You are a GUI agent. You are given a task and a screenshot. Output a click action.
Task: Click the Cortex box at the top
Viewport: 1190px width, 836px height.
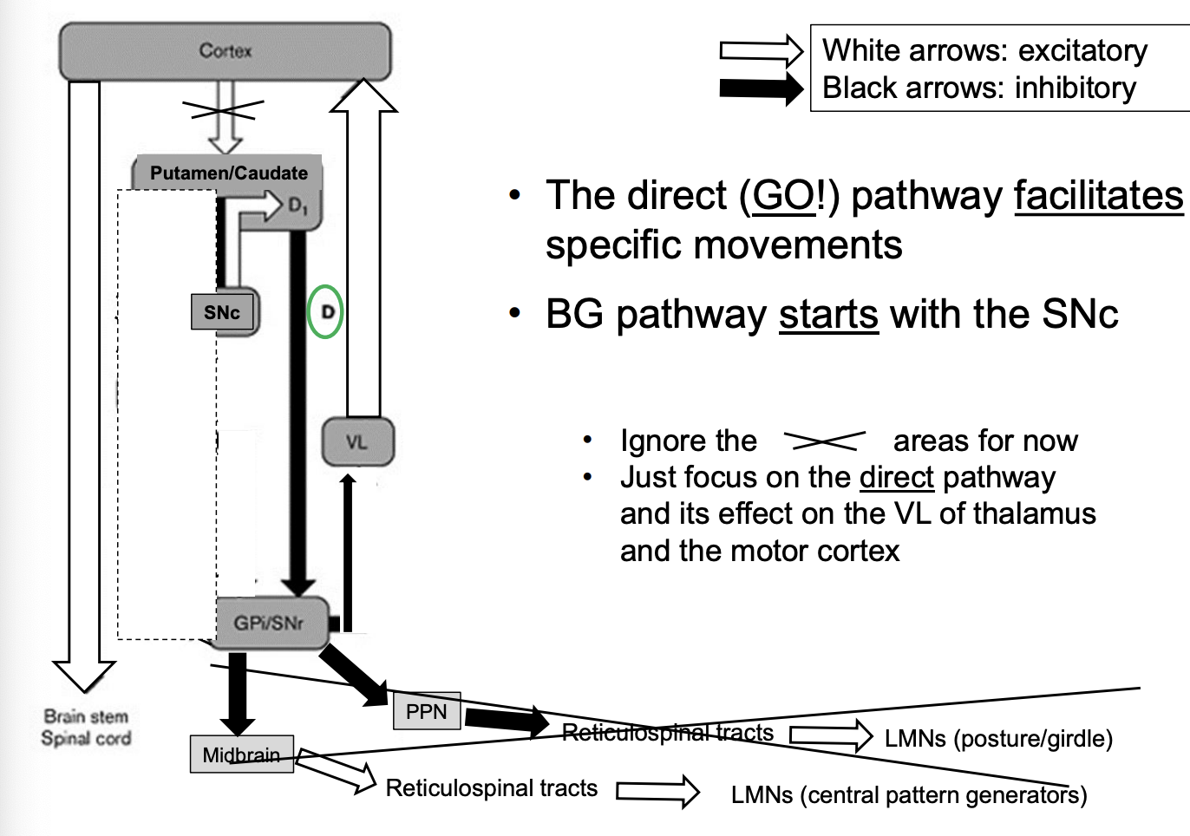225,51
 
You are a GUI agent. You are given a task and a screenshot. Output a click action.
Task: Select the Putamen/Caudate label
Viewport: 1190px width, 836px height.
228,173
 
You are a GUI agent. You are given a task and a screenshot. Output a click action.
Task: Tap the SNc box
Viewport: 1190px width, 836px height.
222,312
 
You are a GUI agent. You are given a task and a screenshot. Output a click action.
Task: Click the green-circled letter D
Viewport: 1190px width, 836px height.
326,311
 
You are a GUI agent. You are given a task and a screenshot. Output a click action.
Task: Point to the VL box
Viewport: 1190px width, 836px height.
357,442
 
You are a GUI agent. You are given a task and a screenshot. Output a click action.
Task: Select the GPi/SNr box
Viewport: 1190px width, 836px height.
270,622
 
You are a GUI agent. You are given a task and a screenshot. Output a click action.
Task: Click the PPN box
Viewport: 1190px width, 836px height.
426,711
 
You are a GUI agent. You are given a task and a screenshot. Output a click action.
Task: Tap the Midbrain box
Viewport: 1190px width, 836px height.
241,754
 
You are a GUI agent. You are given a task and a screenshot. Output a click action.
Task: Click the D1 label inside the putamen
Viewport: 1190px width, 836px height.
297,206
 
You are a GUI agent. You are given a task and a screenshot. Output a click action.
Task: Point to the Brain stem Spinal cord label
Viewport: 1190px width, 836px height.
86,728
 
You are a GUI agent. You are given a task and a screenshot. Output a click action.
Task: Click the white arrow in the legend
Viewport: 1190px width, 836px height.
761,51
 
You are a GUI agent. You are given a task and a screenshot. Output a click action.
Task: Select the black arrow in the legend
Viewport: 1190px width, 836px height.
761,88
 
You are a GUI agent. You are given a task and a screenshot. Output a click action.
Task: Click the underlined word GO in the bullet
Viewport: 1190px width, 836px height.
783,196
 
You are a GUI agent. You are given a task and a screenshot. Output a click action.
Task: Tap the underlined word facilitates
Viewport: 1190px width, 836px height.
1098,196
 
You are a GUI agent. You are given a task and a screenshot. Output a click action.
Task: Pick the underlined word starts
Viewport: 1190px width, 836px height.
827,314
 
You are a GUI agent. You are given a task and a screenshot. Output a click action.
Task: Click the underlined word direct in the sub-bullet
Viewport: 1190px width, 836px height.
896,478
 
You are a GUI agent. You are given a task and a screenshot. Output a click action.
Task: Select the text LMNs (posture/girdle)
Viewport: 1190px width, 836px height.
998,739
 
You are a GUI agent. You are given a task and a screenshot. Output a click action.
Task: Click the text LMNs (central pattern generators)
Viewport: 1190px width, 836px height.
908,795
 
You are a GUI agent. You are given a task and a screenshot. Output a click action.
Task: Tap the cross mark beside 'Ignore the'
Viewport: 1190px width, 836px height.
824,441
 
